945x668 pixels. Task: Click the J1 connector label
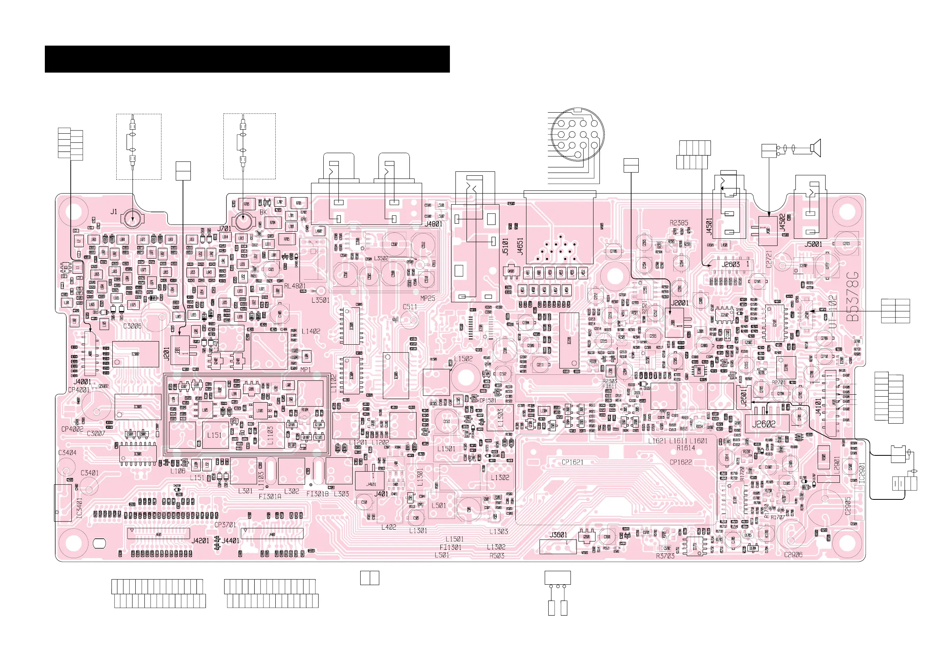113,212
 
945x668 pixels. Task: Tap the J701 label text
224,228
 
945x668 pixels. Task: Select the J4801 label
433,224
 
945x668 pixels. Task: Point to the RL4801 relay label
295,286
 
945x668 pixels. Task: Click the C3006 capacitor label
132,326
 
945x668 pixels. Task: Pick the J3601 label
558,535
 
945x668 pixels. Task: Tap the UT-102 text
832,311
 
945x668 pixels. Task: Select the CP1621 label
572,462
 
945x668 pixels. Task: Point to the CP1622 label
680,462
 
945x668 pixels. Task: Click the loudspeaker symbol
815,148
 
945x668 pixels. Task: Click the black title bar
247,59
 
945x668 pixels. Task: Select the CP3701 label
225,525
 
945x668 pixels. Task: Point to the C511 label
409,307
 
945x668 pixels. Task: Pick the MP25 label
428,298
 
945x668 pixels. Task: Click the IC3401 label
79,508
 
